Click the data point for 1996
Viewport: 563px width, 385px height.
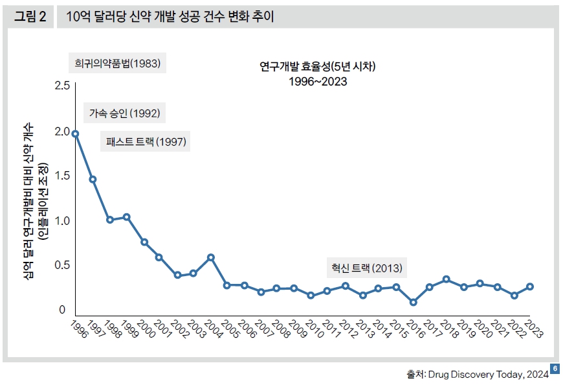(x=76, y=134)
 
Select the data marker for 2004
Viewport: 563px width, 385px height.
(x=210, y=257)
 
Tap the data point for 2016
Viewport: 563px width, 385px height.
(x=413, y=302)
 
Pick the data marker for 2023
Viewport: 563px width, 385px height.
(x=530, y=286)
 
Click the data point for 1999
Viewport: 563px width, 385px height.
(x=127, y=217)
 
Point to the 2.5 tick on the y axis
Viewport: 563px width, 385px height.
(x=62, y=86)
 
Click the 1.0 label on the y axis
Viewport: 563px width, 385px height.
(x=62, y=220)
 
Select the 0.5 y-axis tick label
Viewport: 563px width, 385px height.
(x=62, y=265)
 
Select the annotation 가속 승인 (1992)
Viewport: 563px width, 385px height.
(x=124, y=113)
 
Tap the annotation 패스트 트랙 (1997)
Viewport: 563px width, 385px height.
(x=145, y=142)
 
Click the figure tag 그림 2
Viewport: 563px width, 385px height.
(x=30, y=17)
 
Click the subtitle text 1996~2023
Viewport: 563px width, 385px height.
(x=317, y=81)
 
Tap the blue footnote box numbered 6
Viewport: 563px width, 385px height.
(x=555, y=369)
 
